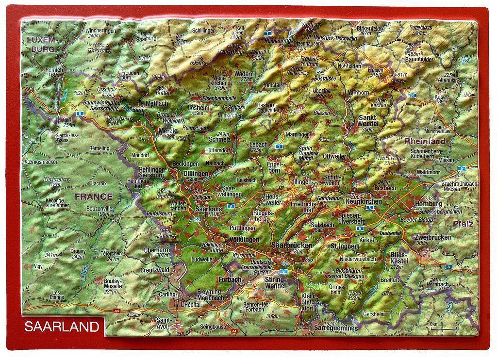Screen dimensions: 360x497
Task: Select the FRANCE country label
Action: click(93, 197)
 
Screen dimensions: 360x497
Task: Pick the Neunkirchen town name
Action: click(364, 201)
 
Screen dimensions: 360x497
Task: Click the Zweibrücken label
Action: click(433, 237)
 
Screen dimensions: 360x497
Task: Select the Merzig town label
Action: click(168, 131)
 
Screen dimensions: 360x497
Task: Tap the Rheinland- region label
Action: click(425, 141)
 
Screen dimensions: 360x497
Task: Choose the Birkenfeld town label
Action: click(370, 29)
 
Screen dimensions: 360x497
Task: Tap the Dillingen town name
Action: click(196, 173)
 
